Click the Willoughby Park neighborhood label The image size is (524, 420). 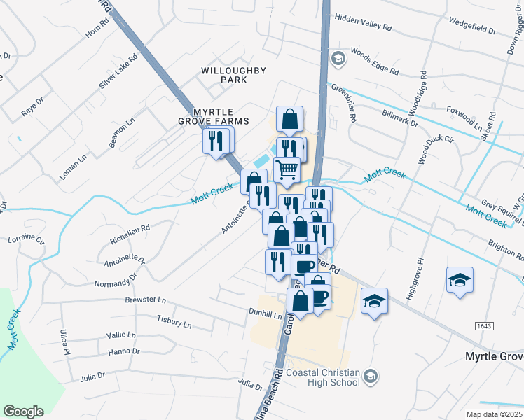(223, 75)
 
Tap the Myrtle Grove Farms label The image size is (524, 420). (221, 116)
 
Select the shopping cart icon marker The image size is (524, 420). (287, 169)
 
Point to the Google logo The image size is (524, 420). (23, 412)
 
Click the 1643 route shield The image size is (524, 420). (483, 326)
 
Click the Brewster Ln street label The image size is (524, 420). (145, 300)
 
